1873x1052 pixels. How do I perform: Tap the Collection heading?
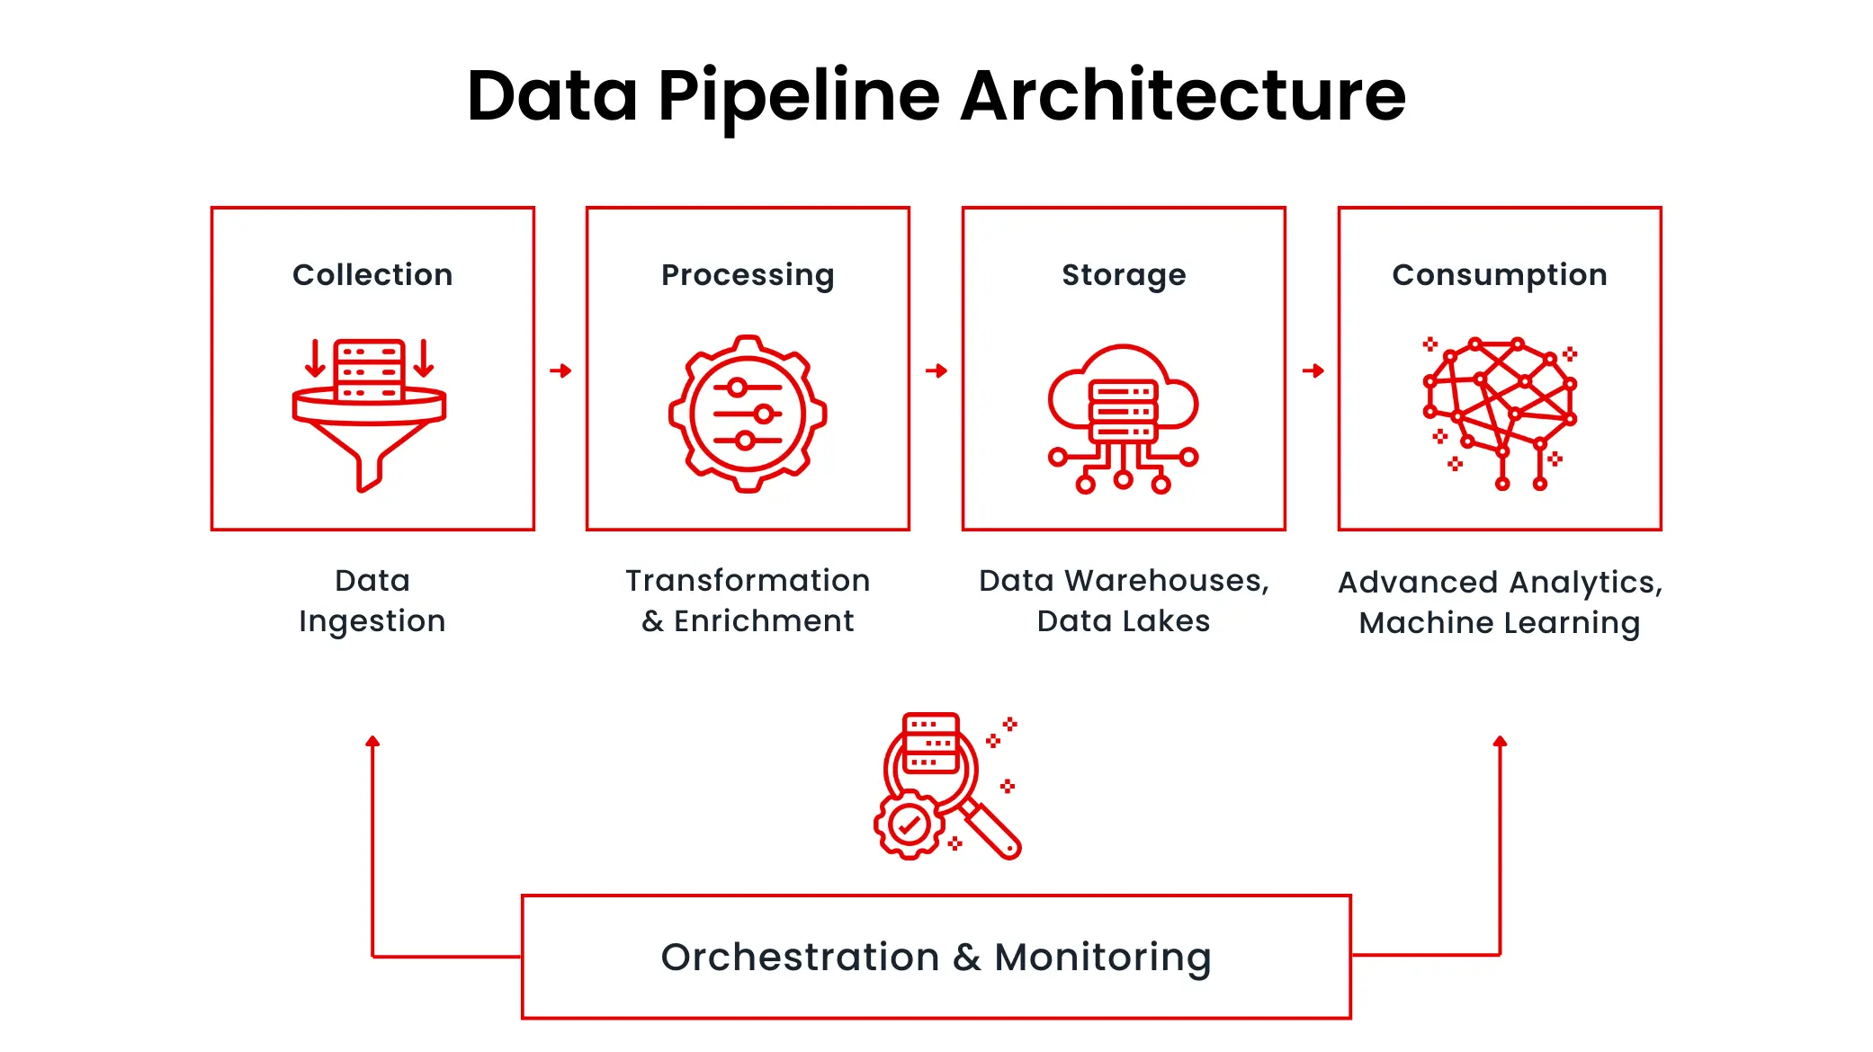pos(372,274)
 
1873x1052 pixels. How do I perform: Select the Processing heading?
pos(748,274)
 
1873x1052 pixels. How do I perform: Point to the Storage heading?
pos(1124,274)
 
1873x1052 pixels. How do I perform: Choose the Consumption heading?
pos(1500,274)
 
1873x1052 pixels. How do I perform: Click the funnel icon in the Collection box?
pos(370,414)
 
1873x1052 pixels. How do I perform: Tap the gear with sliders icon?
pos(748,414)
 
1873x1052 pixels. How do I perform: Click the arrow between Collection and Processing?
pos(560,370)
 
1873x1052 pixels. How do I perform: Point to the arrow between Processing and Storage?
pos(936,370)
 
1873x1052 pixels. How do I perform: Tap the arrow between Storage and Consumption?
pos(1313,370)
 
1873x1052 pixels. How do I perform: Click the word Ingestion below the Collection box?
pos(372,621)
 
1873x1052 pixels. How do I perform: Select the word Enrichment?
pos(764,621)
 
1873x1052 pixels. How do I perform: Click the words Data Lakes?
pos(1124,621)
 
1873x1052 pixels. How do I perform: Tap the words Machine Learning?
pos(1500,623)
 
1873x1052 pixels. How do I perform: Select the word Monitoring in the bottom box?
pos(1103,958)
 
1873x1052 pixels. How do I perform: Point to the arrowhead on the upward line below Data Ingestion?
pos(372,742)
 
